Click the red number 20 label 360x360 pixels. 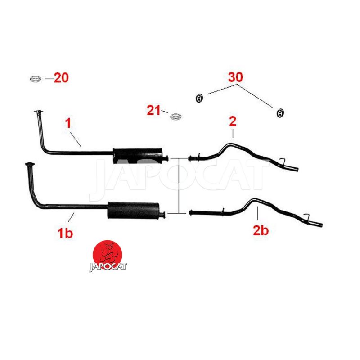click(x=61, y=77)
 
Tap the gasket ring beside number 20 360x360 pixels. click(x=36, y=79)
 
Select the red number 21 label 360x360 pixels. click(x=153, y=110)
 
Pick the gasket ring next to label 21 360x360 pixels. click(x=176, y=117)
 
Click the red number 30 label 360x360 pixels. click(x=235, y=77)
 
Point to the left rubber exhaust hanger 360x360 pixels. click(x=199, y=98)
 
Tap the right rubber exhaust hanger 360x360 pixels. click(x=280, y=113)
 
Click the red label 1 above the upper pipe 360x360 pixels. click(x=68, y=123)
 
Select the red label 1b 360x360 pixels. click(x=65, y=233)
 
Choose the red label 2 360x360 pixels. click(x=233, y=121)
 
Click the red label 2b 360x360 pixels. click(x=261, y=230)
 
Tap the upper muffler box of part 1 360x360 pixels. click(x=138, y=156)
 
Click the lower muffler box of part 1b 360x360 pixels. click(x=133, y=211)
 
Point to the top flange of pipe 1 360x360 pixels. click(x=39, y=112)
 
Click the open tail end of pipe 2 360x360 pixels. click(x=297, y=170)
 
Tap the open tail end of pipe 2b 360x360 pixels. click(x=321, y=225)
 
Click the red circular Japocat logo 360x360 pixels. click(x=108, y=255)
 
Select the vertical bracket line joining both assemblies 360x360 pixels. click(x=179, y=186)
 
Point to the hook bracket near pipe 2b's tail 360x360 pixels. click(x=306, y=216)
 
